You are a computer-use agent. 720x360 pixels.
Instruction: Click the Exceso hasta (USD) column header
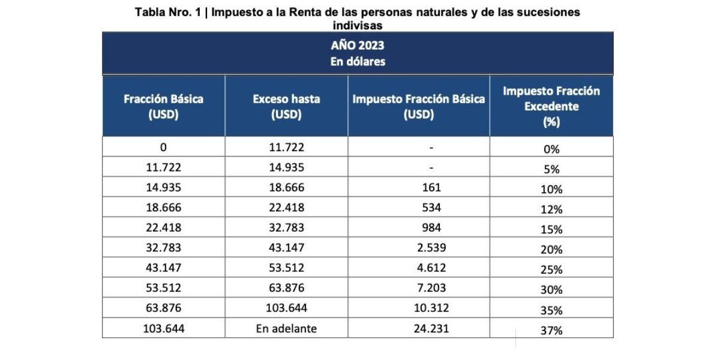pyautogui.click(x=286, y=107)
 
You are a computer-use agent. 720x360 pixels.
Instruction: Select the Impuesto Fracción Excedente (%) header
pyautogui.click(x=551, y=106)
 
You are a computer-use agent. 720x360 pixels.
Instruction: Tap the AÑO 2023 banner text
pyautogui.click(x=358, y=46)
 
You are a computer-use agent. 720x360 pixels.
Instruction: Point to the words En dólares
pyautogui.click(x=358, y=61)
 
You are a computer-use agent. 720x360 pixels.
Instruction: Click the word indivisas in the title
pyautogui.click(x=358, y=25)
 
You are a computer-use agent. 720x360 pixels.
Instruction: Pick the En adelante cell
pyautogui.click(x=286, y=328)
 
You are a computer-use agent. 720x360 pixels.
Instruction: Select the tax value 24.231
pyautogui.click(x=431, y=328)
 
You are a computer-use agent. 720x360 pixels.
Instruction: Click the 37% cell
pyautogui.click(x=551, y=330)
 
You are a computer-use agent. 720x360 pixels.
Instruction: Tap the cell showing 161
pyautogui.click(x=431, y=187)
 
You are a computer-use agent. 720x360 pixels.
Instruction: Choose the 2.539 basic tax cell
pyautogui.click(x=431, y=247)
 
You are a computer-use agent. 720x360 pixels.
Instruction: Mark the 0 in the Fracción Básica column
pyautogui.click(x=163, y=148)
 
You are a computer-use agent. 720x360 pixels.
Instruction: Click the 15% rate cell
pyautogui.click(x=551, y=229)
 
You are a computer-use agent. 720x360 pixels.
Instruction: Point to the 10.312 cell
pyautogui.click(x=431, y=308)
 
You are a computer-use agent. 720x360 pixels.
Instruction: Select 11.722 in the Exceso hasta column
pyautogui.click(x=286, y=148)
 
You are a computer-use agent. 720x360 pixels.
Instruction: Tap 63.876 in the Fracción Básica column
pyautogui.click(x=163, y=308)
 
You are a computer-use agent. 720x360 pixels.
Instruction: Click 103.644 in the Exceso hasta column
pyautogui.click(x=286, y=308)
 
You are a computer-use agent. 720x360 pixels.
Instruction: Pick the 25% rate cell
pyautogui.click(x=551, y=269)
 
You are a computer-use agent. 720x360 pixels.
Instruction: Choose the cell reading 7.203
pyautogui.click(x=431, y=287)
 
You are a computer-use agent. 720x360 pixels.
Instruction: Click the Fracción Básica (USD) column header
pyautogui.click(x=163, y=107)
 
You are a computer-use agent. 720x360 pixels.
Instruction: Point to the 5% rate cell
pyautogui.click(x=551, y=169)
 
